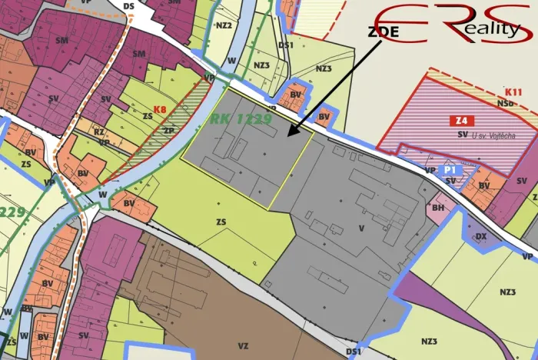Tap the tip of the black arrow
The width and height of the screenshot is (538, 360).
coord(288,135)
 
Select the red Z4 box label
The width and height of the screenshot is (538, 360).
coord(460,120)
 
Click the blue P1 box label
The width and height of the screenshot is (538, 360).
coord(451,168)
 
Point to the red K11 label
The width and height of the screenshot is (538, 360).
coord(513,91)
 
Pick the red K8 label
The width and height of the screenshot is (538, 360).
coord(160,109)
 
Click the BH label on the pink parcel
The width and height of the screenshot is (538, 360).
coord(438,207)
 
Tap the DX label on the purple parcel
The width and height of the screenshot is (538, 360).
coord(481,237)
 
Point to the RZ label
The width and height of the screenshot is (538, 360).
coord(99,132)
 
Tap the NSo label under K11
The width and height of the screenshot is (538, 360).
coord(505,102)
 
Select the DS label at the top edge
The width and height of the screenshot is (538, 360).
coord(128,6)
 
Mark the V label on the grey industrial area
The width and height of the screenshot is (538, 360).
coord(360,228)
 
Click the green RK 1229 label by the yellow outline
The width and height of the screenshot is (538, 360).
coord(240,118)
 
